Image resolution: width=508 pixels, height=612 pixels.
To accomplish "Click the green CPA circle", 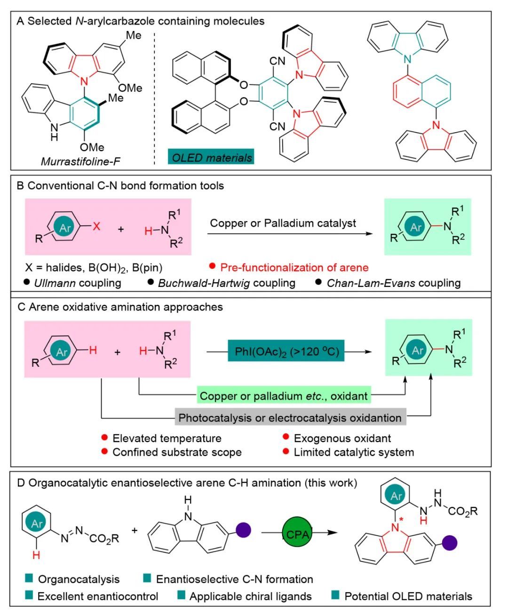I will tap(297, 533).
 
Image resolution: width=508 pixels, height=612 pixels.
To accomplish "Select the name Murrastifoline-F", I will tap(80, 161).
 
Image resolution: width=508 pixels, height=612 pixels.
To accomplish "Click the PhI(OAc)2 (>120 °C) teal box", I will tap(286, 351).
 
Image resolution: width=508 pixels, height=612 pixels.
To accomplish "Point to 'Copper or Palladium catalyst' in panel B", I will tap(283, 223).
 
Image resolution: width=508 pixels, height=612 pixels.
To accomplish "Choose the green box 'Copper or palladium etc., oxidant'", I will tap(284, 396).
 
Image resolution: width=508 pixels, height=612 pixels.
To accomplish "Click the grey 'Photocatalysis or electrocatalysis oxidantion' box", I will tap(290, 418).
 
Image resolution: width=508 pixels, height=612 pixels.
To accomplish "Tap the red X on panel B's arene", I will tap(96, 226).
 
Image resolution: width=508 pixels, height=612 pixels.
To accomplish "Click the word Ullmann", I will tap(54, 283).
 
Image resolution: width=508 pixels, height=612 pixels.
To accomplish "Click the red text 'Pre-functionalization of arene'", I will tap(294, 268).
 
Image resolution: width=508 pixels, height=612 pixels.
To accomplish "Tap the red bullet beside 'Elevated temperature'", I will tap(105, 438).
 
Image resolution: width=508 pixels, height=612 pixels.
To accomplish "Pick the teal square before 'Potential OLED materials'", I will tap(335, 596).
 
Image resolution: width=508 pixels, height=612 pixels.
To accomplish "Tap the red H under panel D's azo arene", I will tap(36, 556).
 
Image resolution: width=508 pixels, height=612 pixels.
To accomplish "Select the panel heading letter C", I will tap(21, 307).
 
